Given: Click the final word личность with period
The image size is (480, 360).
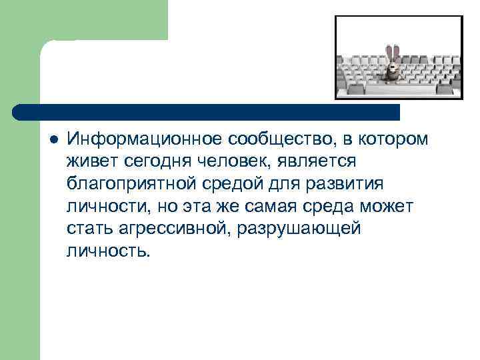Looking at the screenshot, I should [x=109, y=251].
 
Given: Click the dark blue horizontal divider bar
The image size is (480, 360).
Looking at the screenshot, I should [x=207, y=111].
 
